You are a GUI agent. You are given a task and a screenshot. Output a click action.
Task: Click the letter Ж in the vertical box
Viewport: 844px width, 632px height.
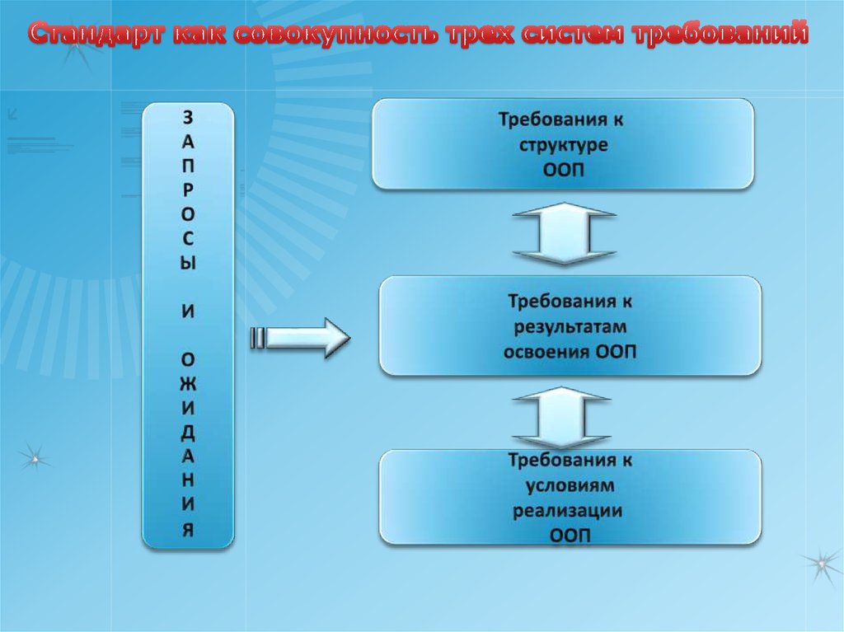[x=188, y=381]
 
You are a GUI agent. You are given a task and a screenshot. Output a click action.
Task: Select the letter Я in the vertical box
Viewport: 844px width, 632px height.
[x=188, y=530]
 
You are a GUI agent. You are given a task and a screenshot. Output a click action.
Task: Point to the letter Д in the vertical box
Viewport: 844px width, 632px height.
[x=188, y=430]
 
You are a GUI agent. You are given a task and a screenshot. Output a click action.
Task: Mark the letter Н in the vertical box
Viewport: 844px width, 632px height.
[x=188, y=480]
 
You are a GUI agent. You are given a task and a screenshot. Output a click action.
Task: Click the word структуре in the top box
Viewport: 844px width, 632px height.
[x=563, y=145]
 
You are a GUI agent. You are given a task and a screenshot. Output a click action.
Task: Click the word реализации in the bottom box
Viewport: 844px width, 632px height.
[x=568, y=510]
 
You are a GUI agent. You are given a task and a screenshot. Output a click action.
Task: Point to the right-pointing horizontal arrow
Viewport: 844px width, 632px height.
[x=302, y=338]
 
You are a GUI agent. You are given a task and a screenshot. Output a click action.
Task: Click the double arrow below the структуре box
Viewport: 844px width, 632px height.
[x=565, y=235]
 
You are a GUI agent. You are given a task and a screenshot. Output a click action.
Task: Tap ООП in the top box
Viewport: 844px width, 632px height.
[x=564, y=171]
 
